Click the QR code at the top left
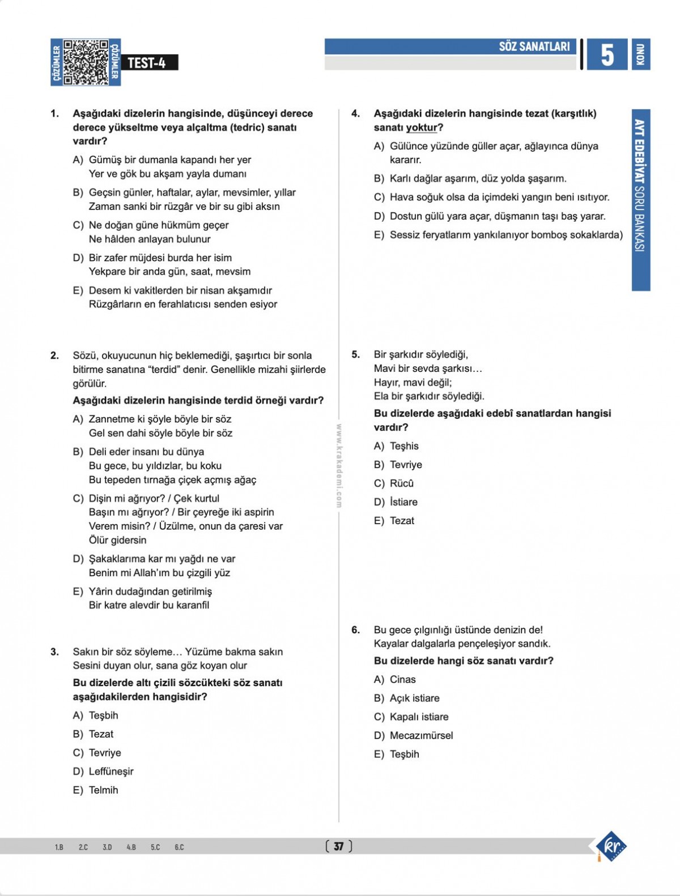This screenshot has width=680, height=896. click(x=86, y=62)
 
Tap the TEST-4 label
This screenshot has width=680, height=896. click(x=147, y=63)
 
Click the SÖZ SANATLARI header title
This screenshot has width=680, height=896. click(x=534, y=46)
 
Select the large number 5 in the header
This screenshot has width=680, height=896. click(x=607, y=55)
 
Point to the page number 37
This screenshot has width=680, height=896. click(x=339, y=846)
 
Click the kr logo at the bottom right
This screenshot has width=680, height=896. click(x=612, y=847)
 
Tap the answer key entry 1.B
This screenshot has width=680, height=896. click(x=59, y=847)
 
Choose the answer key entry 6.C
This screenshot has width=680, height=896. click(x=179, y=847)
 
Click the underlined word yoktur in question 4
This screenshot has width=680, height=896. click(x=422, y=128)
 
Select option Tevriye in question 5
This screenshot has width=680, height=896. click(x=406, y=465)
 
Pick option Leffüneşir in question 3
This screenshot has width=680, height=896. click(x=111, y=771)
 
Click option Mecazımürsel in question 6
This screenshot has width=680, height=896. click(x=421, y=735)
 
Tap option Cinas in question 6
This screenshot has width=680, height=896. click(x=402, y=679)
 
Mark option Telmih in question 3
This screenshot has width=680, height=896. click(x=103, y=790)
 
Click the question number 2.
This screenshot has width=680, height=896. click(x=54, y=355)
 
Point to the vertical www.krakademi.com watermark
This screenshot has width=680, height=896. click(x=339, y=465)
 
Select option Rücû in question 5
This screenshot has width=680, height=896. click(x=401, y=483)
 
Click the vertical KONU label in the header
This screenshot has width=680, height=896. click(x=640, y=54)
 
